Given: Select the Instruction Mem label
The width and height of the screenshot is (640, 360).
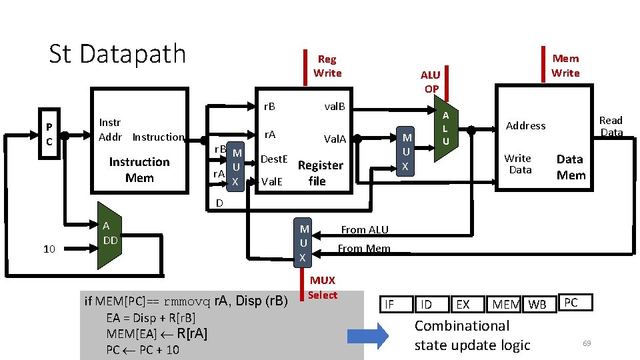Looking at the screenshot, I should pyautogui.click(x=139, y=170).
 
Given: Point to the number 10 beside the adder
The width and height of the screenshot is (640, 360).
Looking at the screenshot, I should pyautogui.click(x=49, y=249).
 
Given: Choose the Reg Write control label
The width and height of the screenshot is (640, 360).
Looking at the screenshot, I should pyautogui.click(x=327, y=66).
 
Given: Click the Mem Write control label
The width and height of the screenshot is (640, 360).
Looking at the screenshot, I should pyautogui.click(x=565, y=65).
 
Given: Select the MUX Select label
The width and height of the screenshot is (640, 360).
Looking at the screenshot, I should pyautogui.click(x=323, y=287).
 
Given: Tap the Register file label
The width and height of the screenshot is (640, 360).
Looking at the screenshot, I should pyautogui.click(x=320, y=173).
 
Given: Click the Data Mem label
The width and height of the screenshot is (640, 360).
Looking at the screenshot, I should pyautogui.click(x=571, y=167).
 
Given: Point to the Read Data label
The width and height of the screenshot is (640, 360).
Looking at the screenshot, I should pyautogui.click(x=611, y=126).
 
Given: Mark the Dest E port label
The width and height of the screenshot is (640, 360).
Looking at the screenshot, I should pyautogui.click(x=273, y=159).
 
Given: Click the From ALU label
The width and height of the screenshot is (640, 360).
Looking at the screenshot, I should pyautogui.click(x=365, y=229).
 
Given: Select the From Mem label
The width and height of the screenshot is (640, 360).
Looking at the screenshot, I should pyautogui.click(x=364, y=249).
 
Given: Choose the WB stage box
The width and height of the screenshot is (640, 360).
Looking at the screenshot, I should pyautogui.click(x=537, y=305).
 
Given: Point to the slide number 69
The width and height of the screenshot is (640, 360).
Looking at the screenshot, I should pyautogui.click(x=587, y=343).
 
